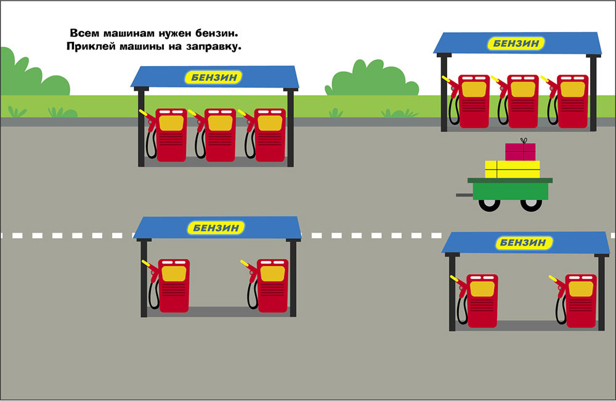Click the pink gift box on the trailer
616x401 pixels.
520,152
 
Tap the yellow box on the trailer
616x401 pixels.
513,169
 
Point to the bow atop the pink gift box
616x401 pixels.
523,141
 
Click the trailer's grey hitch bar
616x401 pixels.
465,195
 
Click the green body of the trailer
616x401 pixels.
510,189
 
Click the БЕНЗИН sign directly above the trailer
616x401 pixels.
516,43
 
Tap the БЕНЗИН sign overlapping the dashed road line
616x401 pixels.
216,228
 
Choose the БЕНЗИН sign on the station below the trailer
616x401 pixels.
523,242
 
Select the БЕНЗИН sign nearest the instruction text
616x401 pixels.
214,77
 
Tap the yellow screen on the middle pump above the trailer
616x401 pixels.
523,89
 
